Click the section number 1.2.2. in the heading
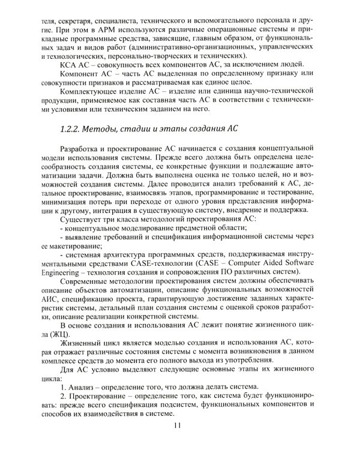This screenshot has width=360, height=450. [x=76, y=128]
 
